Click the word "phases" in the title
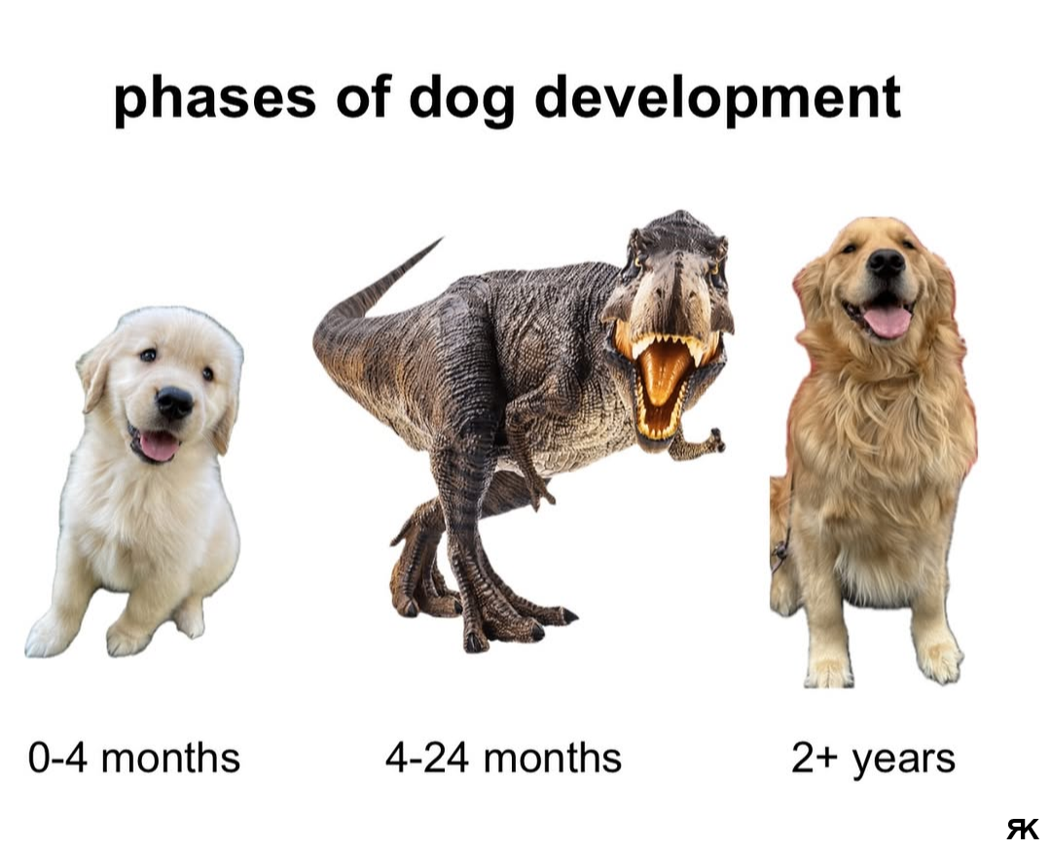(214, 99)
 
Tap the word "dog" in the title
(461, 99)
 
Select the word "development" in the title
(717, 99)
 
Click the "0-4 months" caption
(134, 758)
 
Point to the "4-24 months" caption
(503, 758)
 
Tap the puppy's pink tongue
(159, 446)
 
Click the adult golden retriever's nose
(887, 264)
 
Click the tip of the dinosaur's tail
(441, 238)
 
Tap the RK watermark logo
(1022, 829)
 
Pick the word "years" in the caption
(903, 761)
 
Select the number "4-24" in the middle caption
(427, 758)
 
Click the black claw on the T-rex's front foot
(569, 615)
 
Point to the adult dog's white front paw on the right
(940, 659)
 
